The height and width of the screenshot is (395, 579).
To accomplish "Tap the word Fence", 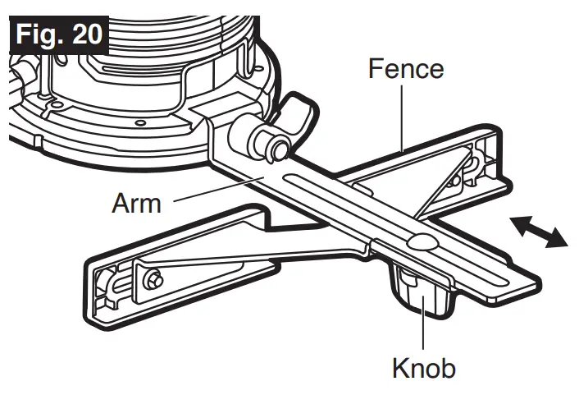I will point(406,68).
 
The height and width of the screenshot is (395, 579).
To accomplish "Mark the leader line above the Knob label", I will point(422,328).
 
